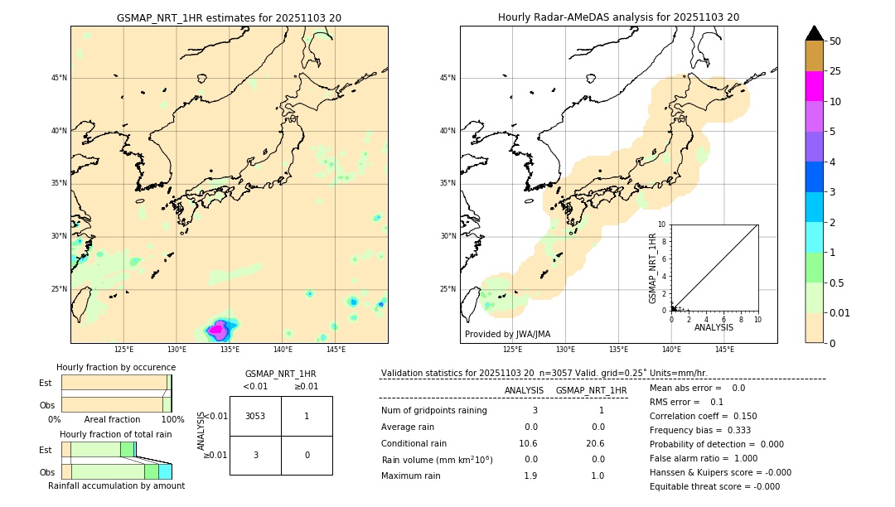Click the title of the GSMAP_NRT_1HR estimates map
click(x=229, y=17)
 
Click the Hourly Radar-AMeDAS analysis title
click(x=618, y=17)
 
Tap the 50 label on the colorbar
click(x=835, y=41)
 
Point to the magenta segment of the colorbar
click(x=814, y=86)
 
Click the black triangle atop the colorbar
click(x=814, y=33)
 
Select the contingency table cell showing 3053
click(x=255, y=416)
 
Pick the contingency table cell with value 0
click(x=306, y=455)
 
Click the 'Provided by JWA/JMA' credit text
click(x=507, y=334)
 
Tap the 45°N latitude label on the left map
click(x=59, y=78)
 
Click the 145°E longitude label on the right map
click(x=724, y=350)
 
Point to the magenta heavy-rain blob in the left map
click(x=217, y=330)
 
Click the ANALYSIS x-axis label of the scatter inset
click(x=714, y=327)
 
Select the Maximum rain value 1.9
click(x=530, y=476)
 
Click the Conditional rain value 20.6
click(x=596, y=443)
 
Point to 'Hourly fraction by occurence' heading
click(x=116, y=367)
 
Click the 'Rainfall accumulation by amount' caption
click(x=116, y=485)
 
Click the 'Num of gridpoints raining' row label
click(x=433, y=410)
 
